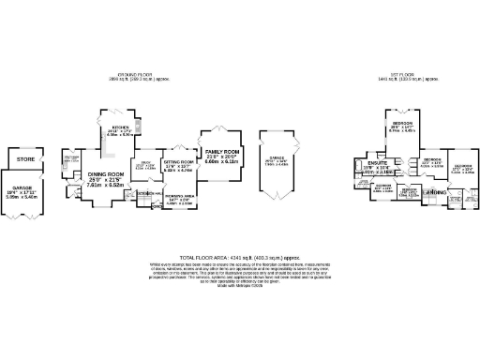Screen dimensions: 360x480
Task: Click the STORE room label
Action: [26, 160]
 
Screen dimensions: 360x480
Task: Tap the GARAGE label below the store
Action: [25, 187]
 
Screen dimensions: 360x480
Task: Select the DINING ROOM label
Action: [105, 174]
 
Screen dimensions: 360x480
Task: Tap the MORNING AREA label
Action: [178, 195]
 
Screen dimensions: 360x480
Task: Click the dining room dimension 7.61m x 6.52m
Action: [105, 186]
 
